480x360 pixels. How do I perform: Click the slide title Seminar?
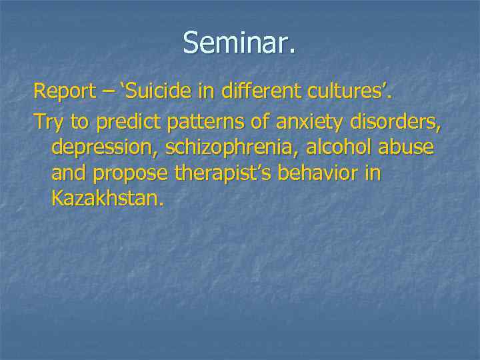239,43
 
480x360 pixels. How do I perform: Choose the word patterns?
204,121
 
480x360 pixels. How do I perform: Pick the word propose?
131,174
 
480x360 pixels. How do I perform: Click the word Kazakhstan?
106,199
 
